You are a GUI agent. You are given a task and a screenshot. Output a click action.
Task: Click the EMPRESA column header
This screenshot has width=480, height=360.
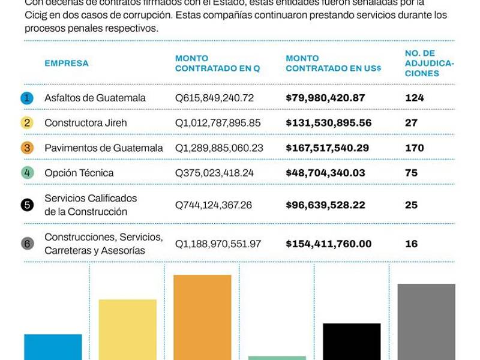[x=66, y=63]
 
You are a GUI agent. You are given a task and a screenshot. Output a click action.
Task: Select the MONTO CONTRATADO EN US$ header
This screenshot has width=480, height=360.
[x=333, y=63]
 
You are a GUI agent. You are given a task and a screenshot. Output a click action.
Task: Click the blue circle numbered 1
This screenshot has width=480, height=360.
[x=27, y=98]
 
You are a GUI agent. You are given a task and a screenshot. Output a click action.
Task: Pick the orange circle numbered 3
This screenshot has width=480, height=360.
[x=27, y=148]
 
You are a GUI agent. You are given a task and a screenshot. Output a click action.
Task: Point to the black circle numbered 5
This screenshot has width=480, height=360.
[x=27, y=205]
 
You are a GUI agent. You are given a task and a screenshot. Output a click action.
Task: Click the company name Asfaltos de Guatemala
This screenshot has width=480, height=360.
[x=95, y=98]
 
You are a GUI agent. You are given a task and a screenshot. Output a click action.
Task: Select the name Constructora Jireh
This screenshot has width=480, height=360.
[x=86, y=123]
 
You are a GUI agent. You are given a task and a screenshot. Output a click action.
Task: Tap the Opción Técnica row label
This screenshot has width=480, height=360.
[x=79, y=173]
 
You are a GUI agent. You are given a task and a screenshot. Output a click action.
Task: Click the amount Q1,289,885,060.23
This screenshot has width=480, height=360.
[x=219, y=148]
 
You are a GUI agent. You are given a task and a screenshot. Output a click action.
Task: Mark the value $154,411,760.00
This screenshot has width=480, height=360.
[x=328, y=244]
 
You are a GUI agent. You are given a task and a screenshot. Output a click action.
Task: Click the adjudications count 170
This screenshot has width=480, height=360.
[x=414, y=148]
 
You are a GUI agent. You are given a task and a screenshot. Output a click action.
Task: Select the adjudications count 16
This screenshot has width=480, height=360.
[x=411, y=244]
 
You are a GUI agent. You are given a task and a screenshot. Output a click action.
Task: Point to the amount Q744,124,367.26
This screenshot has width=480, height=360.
[x=213, y=205]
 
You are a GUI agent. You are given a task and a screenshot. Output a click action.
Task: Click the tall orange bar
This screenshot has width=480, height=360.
[x=202, y=317]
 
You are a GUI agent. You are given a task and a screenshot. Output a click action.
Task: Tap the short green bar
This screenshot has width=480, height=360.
[x=277, y=358]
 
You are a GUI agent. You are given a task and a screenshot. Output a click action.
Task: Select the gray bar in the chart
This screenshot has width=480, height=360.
[x=426, y=322]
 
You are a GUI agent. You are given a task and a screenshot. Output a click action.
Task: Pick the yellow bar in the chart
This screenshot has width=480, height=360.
[x=128, y=329]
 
